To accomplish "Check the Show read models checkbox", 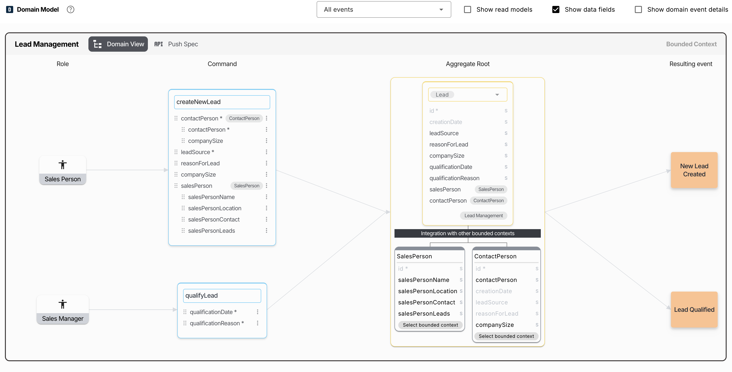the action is pos(467,10).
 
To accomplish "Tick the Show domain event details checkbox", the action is pos(638,10).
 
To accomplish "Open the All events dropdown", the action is pos(384,10).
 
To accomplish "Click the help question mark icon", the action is pos(70,10).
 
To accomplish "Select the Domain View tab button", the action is pos(118,44).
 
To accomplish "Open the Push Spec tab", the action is pos(176,44).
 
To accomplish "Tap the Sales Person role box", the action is pos(63,170).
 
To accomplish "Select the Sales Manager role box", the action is pos(63,309).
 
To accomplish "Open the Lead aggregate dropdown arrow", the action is pos(497,95).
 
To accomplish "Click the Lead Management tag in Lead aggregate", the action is pos(483,216).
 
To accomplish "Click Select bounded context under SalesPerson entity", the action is pos(430,325).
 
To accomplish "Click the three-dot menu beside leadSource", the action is pos(267,152).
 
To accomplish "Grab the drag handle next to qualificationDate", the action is pos(185,312).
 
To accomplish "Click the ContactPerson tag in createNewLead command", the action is pos(244,118).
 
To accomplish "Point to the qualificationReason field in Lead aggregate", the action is pos(454,178).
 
